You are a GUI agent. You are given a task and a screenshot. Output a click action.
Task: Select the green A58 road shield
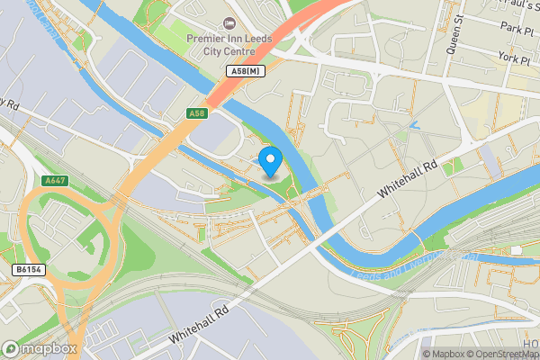[198, 113]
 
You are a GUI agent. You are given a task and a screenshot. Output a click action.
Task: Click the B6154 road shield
[29, 269]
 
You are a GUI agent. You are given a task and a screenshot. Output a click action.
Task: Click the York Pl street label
[517, 57]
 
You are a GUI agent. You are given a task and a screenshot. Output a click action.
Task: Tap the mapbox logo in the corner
[40, 348]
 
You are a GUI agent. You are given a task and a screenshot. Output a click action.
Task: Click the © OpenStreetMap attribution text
[501, 354]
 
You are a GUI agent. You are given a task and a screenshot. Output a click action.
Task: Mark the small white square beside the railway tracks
[516, 250]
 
